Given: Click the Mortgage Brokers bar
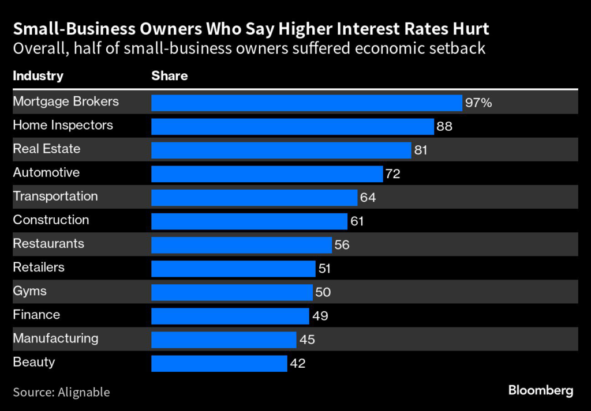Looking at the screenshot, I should (306, 103).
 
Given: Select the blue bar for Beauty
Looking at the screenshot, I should (219, 363).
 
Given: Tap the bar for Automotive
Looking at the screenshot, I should (267, 174).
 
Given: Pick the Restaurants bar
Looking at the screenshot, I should (241, 244).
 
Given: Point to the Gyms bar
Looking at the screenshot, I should (231, 292).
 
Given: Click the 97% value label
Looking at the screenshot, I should (478, 103).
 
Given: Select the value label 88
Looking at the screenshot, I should (444, 127).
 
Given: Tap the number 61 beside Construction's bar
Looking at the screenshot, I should (357, 221).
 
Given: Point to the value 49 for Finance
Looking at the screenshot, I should (320, 316).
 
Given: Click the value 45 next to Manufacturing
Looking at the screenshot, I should (307, 340).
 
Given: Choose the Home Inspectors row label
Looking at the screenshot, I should (63, 125).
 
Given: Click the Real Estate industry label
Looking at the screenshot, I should (47, 149).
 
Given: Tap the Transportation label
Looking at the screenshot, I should (55, 196).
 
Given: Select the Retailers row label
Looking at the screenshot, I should (39, 267).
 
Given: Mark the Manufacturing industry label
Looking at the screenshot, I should (55, 338).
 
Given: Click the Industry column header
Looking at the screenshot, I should (38, 76).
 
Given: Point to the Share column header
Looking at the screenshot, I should (169, 76).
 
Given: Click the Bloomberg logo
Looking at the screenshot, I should (541, 390).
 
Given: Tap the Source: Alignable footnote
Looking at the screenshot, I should (61, 392).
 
